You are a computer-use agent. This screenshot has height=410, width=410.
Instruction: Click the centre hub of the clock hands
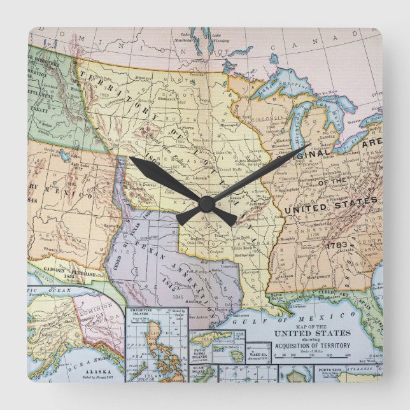pyautogui.click(x=205, y=203)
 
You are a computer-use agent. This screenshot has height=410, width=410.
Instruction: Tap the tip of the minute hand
pyautogui.click(x=130, y=158)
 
